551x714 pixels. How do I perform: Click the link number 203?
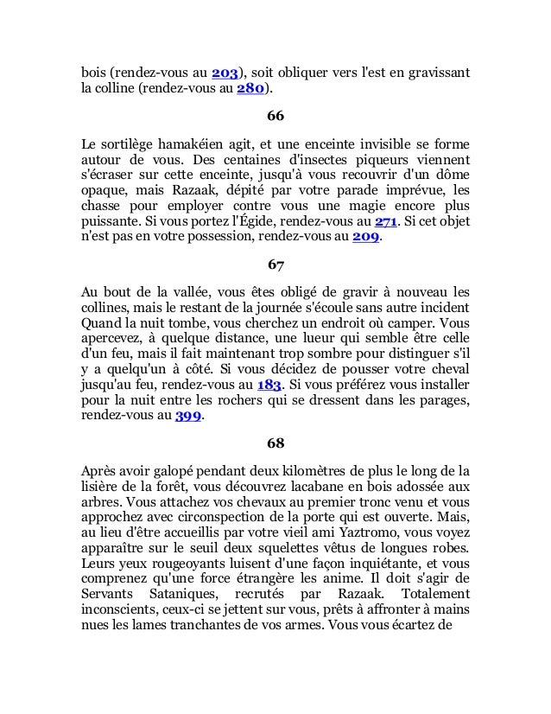225,71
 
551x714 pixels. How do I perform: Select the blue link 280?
250,88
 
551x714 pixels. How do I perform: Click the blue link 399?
188,417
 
